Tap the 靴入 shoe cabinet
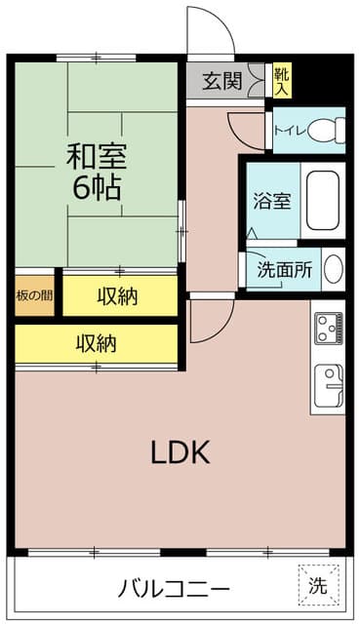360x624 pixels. point(281,80)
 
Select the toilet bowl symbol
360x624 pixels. point(332,130)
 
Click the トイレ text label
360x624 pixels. point(290,131)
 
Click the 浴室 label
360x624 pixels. point(270,203)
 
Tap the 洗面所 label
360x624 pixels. point(284,270)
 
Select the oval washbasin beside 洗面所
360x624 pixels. point(333,269)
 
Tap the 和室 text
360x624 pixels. point(96,156)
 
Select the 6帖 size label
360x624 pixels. point(96,188)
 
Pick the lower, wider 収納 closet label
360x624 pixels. point(98,342)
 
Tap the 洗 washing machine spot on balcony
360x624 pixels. point(317,586)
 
